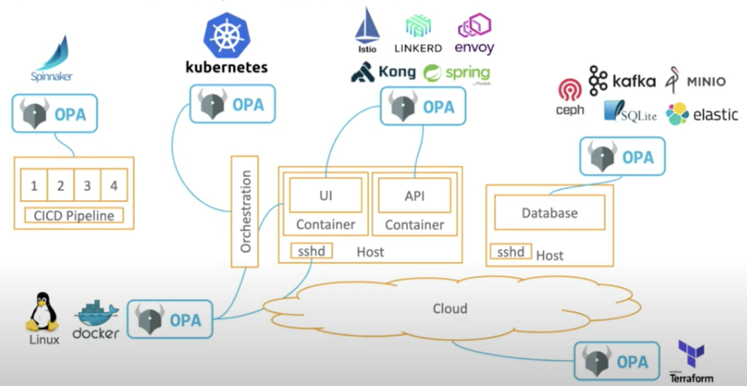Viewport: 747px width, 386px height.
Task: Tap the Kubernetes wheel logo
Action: (227, 34)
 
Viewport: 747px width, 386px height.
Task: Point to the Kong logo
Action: (383, 73)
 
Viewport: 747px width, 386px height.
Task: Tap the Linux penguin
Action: (42, 315)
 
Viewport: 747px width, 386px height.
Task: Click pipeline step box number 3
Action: (86, 185)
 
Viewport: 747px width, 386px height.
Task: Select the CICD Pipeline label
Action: (74, 215)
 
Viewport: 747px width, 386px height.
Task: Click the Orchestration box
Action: (245, 212)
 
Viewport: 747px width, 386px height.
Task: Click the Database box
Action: (550, 213)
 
